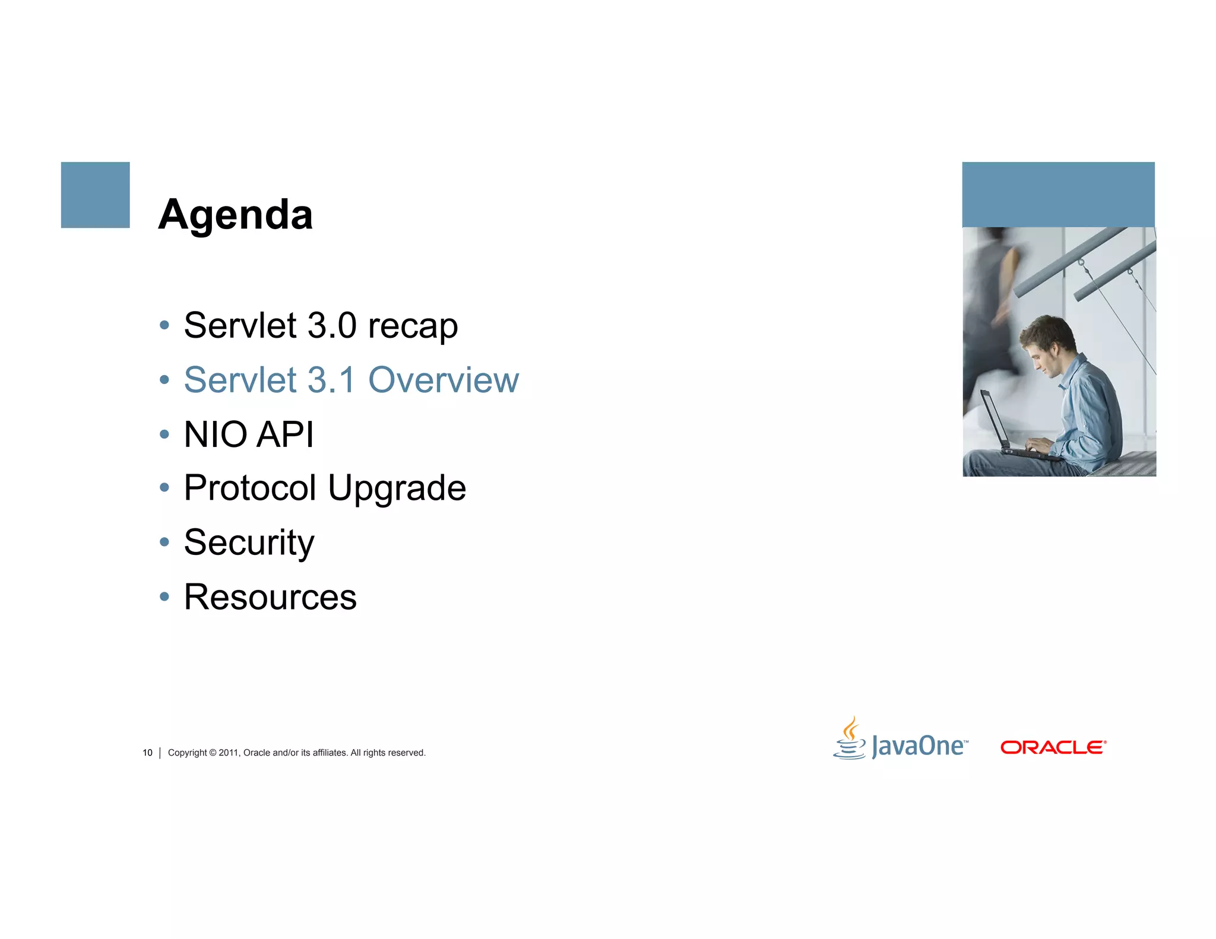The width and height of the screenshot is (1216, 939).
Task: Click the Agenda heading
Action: (235, 215)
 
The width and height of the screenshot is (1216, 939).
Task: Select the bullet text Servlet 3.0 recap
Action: (321, 326)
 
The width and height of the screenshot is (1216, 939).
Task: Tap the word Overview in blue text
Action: (443, 380)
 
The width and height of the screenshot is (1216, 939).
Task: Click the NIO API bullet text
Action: (249, 434)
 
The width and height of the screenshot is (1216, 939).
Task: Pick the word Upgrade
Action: (397, 488)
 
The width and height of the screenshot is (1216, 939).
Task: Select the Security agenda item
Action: (249, 543)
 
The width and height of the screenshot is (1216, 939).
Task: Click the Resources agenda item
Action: (270, 597)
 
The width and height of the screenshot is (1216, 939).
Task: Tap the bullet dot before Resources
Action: (164, 597)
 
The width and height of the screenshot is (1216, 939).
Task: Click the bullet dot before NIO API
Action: (164, 434)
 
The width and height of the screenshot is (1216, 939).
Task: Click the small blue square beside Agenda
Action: (95, 195)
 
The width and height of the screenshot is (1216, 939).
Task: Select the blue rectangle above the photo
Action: (1058, 194)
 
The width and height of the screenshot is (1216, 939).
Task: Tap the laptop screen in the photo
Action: (993, 418)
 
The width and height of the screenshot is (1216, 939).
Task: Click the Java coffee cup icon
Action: (850, 739)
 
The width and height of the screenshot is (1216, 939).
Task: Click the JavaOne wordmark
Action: (919, 746)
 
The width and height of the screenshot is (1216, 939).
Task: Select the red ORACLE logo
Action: (1053, 747)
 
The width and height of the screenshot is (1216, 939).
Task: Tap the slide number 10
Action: (147, 753)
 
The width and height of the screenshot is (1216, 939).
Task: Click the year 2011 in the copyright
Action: (228, 753)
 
